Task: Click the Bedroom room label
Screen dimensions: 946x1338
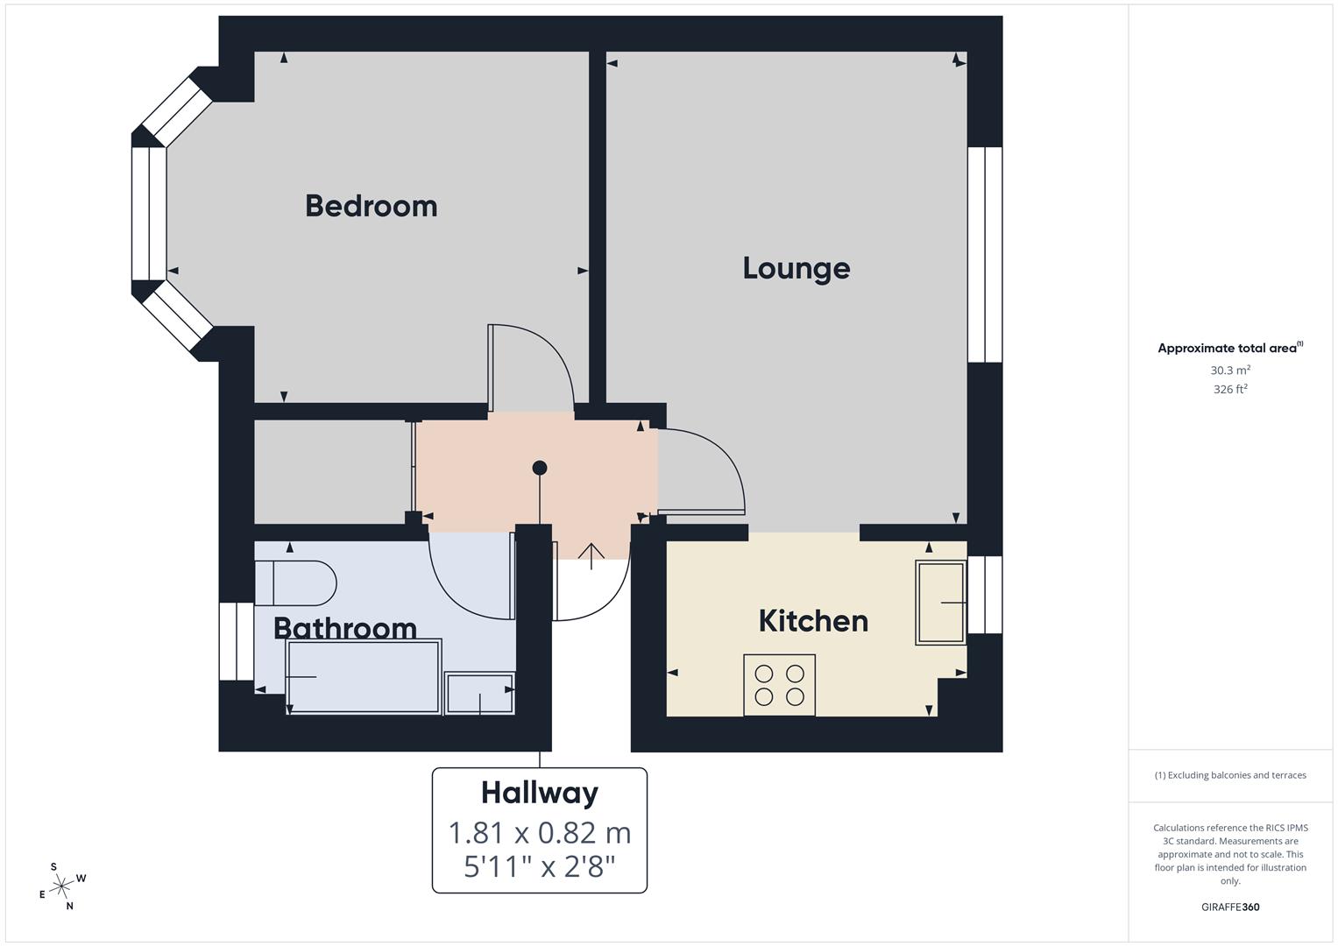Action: coord(371,206)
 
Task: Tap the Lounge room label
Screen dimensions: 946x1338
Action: coord(796,268)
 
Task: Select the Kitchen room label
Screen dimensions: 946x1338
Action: coord(813,621)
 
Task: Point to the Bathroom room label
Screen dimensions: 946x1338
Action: coord(344,628)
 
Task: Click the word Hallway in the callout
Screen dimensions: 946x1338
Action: coord(540,793)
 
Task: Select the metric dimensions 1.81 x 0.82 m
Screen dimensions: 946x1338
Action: coord(540,832)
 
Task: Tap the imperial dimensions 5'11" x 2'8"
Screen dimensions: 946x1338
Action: coord(540,867)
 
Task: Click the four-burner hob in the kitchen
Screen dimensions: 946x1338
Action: coord(779,685)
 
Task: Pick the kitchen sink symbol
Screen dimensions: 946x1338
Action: coord(940,603)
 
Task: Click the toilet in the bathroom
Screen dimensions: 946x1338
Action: coord(295,582)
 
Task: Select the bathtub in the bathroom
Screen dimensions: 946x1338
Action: coord(364,676)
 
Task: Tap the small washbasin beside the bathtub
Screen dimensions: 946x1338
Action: coord(479,693)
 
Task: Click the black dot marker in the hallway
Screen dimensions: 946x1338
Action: coord(540,468)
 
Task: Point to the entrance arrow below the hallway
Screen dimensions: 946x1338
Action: coord(591,555)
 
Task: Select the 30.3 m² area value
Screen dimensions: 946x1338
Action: coord(1230,371)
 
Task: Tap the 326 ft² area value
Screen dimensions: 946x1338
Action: coord(1230,390)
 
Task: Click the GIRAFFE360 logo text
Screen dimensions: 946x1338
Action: coord(1230,907)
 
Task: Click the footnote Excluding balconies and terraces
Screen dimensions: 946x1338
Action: coord(1230,775)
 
